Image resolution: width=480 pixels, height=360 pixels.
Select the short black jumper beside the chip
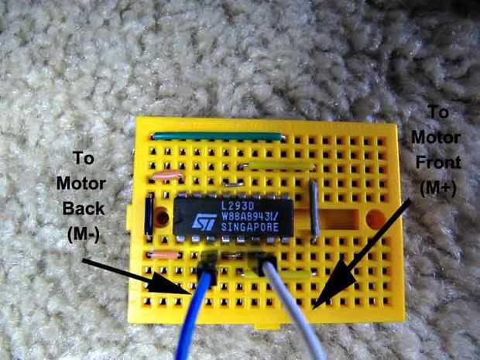pos(148,215)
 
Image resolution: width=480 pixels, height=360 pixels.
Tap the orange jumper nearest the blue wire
pos(164,255)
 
